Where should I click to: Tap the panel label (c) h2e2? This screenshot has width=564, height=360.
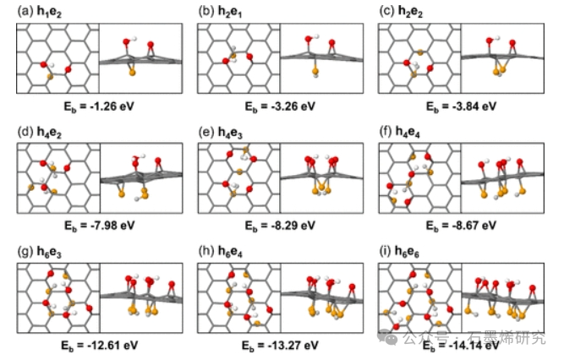coord(404,12)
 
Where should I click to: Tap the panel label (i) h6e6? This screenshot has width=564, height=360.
coord(403,252)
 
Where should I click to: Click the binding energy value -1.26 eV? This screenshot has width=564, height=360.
coord(99,106)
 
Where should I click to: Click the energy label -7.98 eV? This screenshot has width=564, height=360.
coord(99,226)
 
